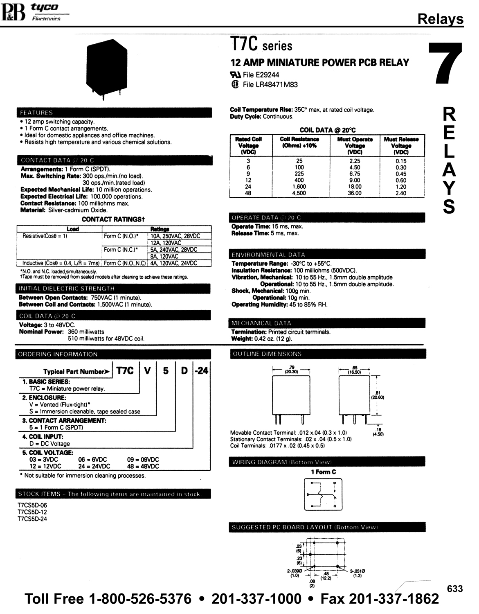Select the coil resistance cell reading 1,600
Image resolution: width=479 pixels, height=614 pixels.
click(x=299, y=187)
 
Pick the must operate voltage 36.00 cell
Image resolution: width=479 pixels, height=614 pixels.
click(x=355, y=193)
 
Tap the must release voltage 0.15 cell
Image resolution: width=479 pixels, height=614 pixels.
click(x=401, y=161)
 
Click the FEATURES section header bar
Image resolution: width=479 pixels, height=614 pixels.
click(x=115, y=113)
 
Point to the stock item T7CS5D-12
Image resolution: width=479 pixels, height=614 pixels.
click(x=32, y=512)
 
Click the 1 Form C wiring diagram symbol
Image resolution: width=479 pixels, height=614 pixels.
click(x=323, y=494)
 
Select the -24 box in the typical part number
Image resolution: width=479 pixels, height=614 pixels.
click(x=201, y=371)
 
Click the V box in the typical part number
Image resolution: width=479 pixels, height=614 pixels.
click(x=147, y=371)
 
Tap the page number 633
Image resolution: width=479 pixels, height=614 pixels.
click(x=454, y=589)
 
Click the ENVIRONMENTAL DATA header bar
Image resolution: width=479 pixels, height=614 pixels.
click(x=327, y=255)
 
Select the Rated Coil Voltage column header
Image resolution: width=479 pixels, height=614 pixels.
click(x=248, y=145)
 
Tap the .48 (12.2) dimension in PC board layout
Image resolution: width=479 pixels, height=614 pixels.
click(x=326, y=576)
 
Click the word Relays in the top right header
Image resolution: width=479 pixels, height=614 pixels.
click(x=440, y=19)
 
